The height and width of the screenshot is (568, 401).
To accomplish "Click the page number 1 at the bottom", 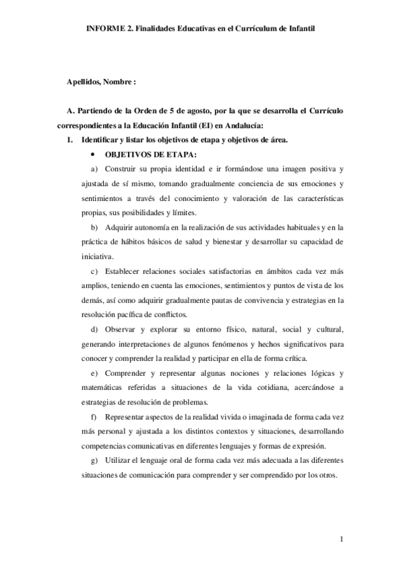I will tap(341, 539).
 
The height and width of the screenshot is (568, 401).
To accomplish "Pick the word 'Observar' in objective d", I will tap(120, 330).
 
